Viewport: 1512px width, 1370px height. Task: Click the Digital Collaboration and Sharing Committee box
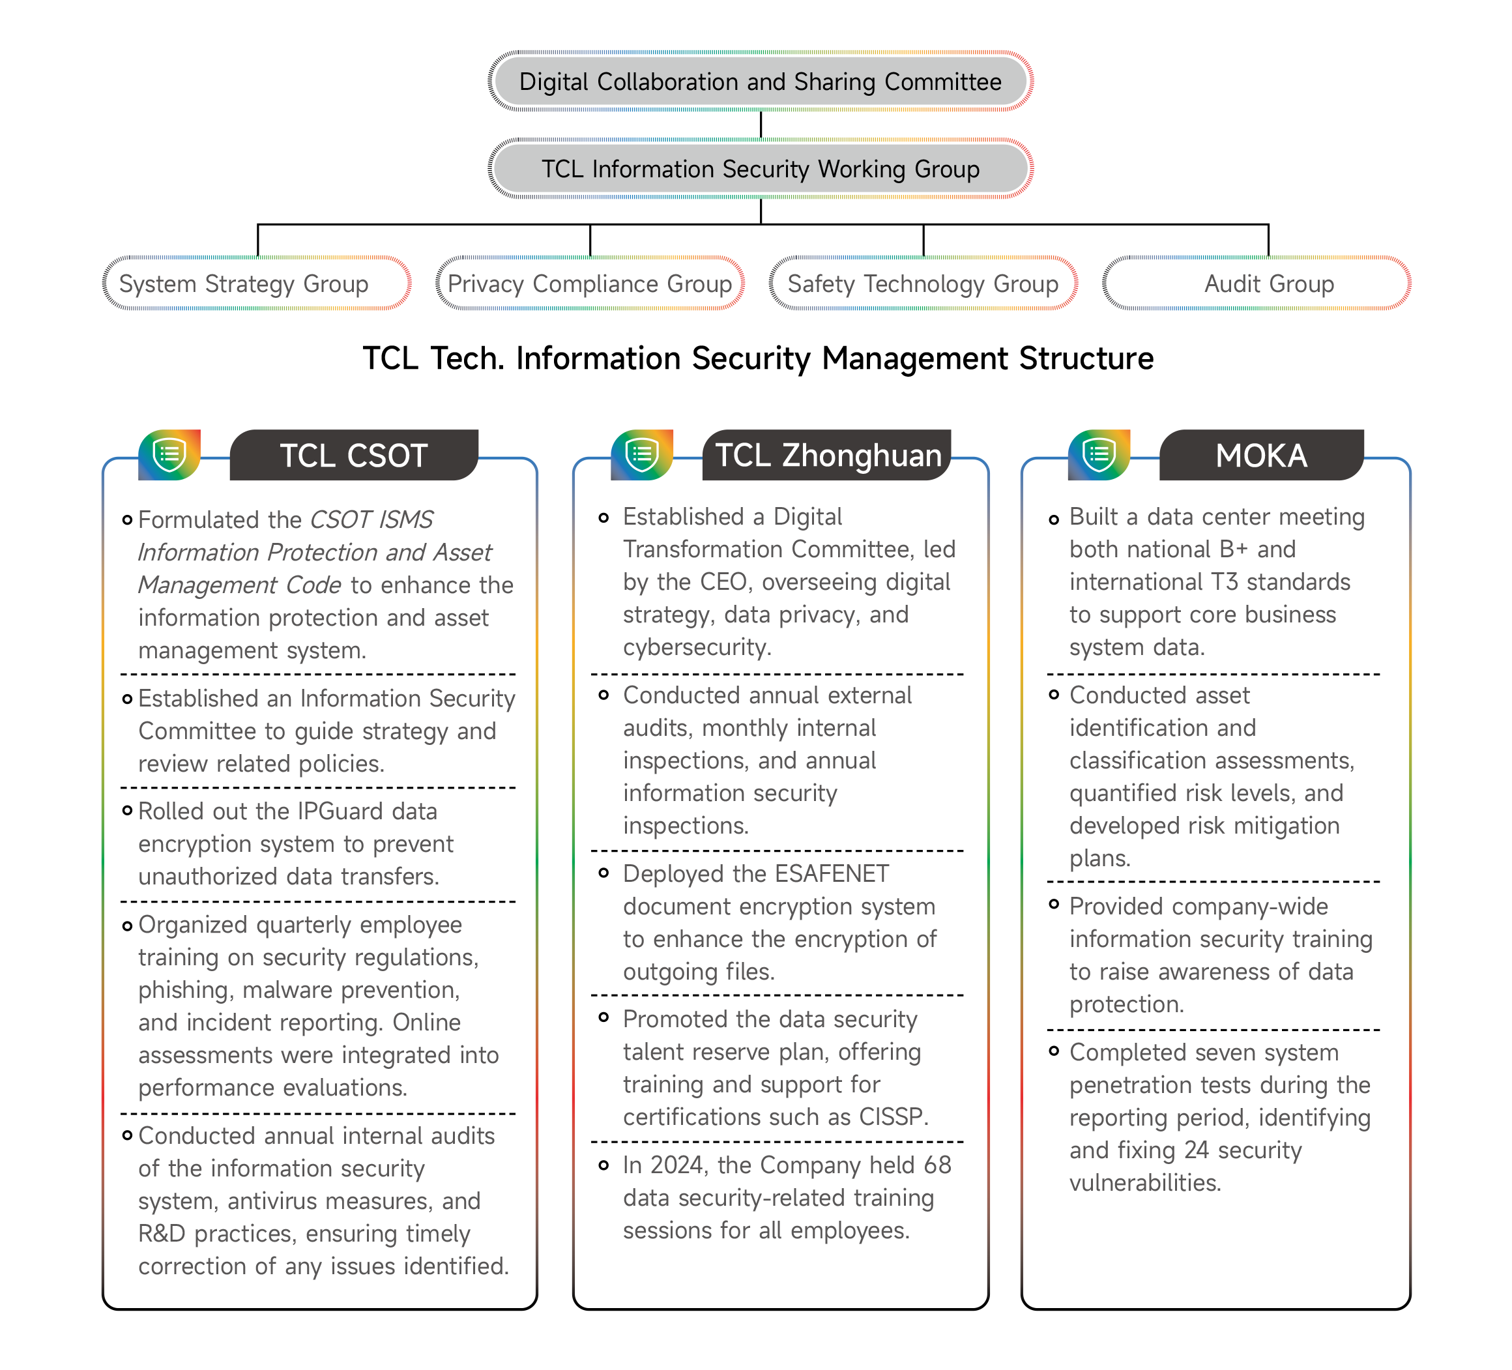760,81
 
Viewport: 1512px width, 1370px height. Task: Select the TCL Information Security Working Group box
760,169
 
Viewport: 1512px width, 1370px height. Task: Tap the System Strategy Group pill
257,284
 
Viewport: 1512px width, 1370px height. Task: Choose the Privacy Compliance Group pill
590,284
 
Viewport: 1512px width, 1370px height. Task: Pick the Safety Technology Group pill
923,284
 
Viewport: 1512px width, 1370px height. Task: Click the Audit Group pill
1258,284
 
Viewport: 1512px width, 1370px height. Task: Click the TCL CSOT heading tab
353,455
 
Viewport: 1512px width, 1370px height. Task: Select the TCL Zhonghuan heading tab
827,455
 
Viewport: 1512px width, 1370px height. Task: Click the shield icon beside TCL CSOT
169,454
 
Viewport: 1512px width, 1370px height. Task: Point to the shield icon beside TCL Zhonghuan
642,454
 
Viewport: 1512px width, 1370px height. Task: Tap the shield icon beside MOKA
1099,454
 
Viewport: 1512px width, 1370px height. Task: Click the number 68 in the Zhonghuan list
937,1165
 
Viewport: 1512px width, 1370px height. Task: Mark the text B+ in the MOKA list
1233,549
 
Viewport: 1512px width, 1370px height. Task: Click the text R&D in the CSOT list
161,1234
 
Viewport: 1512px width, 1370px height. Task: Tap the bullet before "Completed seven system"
1054,1051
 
